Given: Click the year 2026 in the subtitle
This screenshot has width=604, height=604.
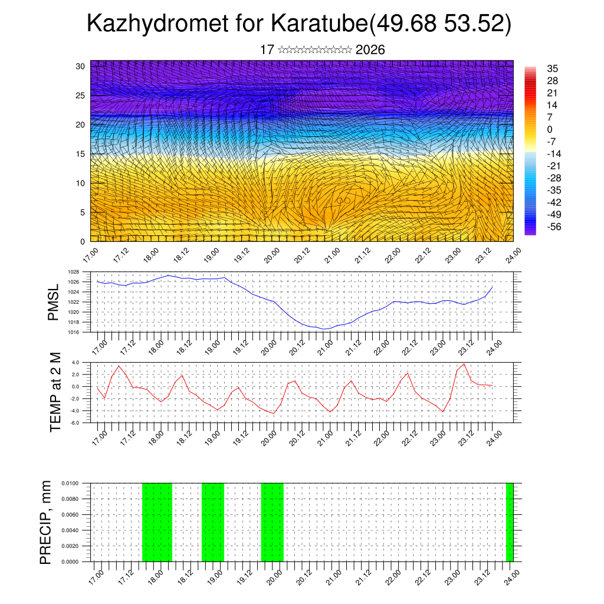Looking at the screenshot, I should [x=370, y=50].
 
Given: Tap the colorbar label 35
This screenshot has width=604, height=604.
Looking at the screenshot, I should [x=553, y=68].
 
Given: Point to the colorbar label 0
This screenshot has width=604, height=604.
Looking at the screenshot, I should [x=550, y=129].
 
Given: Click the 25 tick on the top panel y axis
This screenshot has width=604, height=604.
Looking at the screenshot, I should [x=80, y=95].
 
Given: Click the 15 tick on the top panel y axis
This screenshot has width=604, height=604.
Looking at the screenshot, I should [x=80, y=154].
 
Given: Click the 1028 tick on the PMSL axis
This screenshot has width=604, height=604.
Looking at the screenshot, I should [x=74, y=272].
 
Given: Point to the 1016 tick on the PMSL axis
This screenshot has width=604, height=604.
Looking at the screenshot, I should [x=74, y=332].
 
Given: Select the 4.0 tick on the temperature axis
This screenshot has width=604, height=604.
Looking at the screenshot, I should [x=75, y=362].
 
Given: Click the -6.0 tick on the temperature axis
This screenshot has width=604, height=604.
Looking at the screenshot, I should [x=75, y=423].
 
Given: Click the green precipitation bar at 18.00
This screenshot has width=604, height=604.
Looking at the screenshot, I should [x=157, y=522].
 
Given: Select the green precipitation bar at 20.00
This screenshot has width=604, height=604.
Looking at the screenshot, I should [x=272, y=522].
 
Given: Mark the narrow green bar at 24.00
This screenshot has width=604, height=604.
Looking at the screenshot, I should [x=510, y=522].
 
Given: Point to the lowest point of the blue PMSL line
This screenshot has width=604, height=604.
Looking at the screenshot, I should [x=324, y=329].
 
